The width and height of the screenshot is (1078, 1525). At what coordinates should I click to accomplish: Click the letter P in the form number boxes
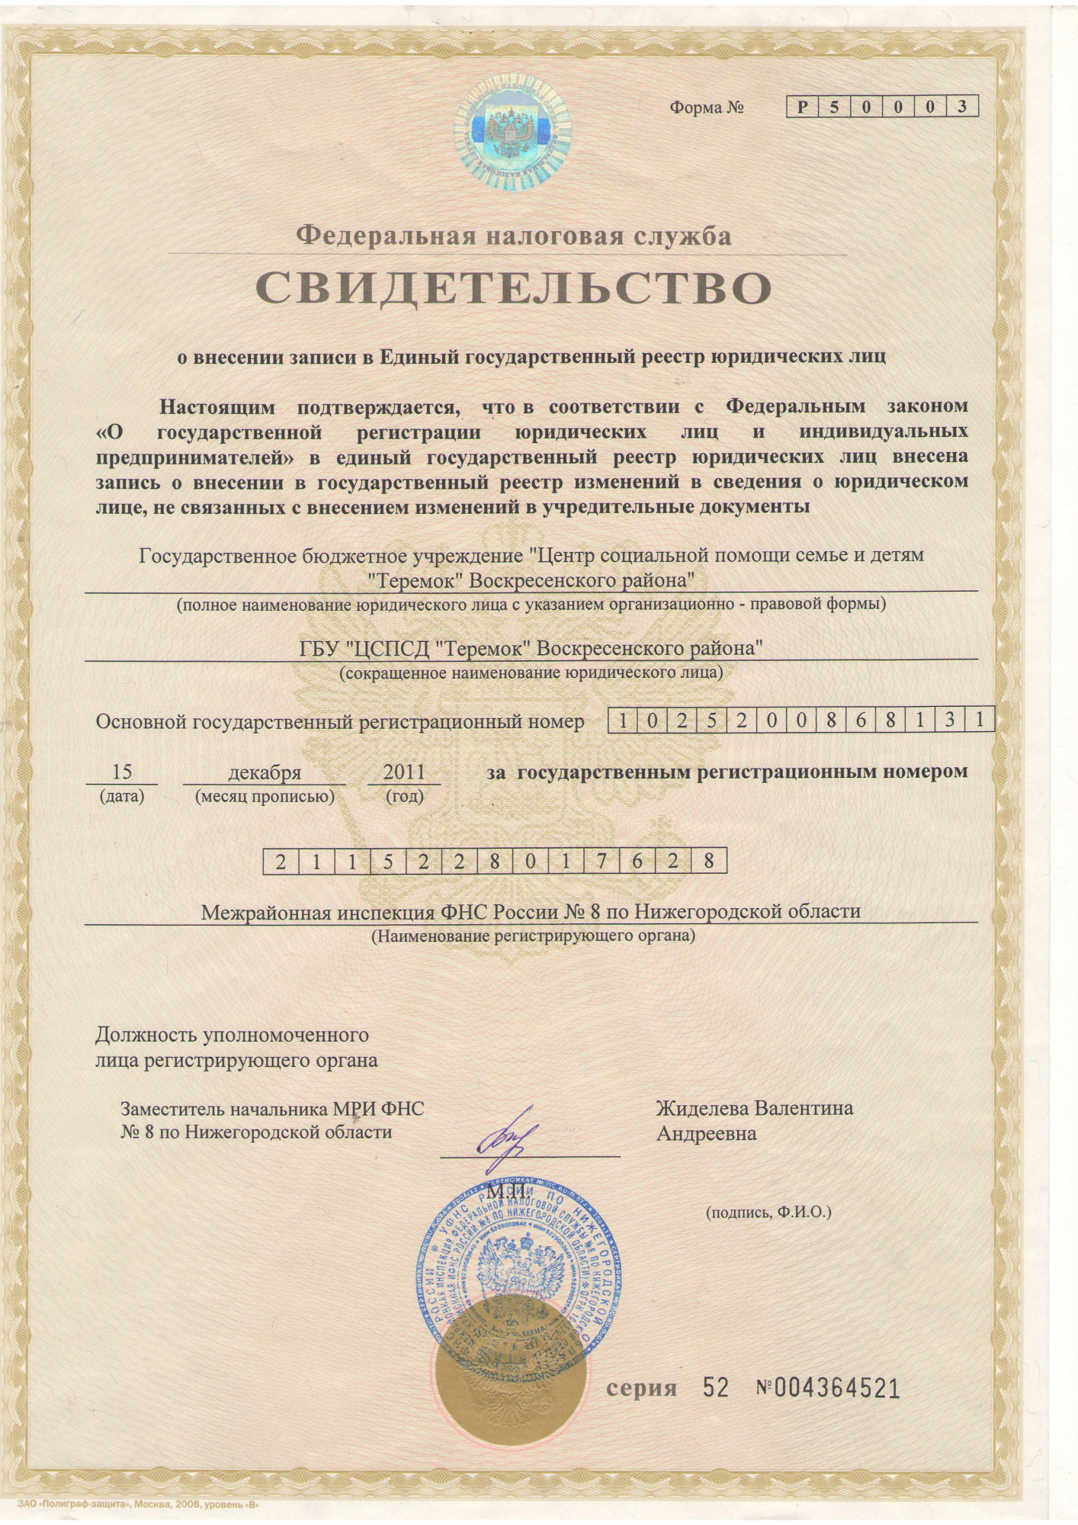(802, 107)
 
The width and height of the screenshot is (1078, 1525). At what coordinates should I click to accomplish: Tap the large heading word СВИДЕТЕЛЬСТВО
(513, 288)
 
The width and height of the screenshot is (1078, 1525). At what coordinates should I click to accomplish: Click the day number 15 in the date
(122, 772)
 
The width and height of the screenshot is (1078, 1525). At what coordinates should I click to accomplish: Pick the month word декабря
(265, 772)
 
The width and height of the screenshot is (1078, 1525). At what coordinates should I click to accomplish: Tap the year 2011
(404, 772)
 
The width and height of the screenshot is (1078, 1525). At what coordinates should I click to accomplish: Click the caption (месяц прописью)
(265, 797)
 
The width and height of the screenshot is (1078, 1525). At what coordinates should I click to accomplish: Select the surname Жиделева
(703, 1108)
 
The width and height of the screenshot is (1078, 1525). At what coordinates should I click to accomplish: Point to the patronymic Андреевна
(707, 1134)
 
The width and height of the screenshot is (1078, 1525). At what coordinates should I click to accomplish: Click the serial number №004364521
(828, 1389)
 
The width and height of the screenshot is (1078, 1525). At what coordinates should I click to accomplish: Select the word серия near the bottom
(641, 1389)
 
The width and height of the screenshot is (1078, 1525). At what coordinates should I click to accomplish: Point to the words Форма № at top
(706, 108)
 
